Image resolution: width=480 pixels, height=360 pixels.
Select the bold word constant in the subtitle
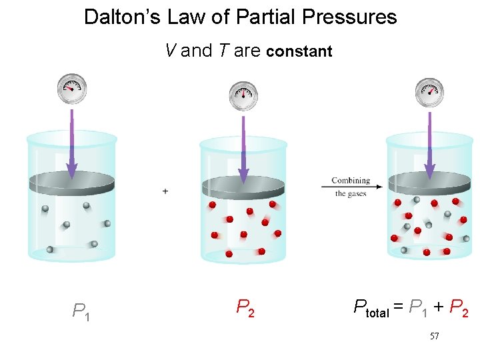tap(299, 51)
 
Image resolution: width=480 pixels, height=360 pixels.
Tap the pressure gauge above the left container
tap(71, 89)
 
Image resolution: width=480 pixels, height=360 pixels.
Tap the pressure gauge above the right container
tap(429, 92)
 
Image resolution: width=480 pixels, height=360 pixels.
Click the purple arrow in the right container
tap(429, 150)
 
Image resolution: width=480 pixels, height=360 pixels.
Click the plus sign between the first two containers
tap(165, 191)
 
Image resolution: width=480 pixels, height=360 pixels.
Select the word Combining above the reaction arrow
tap(351, 180)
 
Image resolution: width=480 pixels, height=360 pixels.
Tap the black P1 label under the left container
tap(81, 311)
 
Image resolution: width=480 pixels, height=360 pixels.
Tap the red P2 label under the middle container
tap(245, 307)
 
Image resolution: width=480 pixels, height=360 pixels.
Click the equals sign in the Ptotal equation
tap(399, 307)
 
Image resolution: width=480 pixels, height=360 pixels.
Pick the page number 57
tap(434, 337)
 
